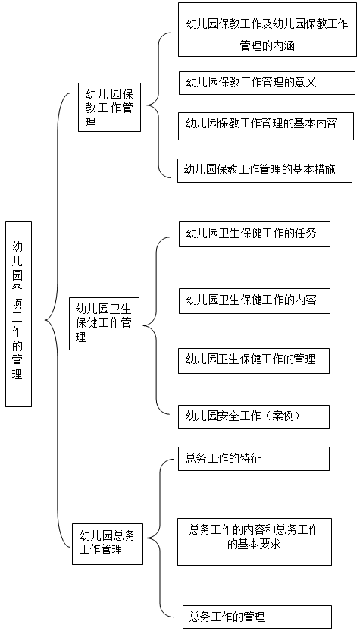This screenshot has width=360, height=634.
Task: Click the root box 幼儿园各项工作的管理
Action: tap(19, 314)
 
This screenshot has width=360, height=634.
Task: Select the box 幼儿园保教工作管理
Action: tap(109, 107)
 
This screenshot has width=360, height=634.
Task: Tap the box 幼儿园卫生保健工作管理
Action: tap(105, 324)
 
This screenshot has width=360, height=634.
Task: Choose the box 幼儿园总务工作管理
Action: tap(108, 544)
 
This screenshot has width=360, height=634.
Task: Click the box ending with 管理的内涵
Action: tap(267, 30)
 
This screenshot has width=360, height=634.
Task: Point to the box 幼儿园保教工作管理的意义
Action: tap(267, 83)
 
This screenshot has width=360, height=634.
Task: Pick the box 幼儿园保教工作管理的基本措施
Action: tap(265, 170)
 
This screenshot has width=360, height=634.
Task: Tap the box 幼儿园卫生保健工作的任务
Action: tap(255, 234)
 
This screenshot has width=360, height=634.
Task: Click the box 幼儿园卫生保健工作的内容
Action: tap(255, 301)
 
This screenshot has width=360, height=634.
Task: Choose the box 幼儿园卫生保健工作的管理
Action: tap(254, 360)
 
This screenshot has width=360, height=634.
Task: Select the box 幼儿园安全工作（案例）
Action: tap(254, 417)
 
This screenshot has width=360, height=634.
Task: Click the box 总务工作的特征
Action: tap(254, 459)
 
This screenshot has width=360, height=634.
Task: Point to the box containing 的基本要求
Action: tap(255, 541)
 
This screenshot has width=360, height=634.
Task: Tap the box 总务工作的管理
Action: tap(257, 617)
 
